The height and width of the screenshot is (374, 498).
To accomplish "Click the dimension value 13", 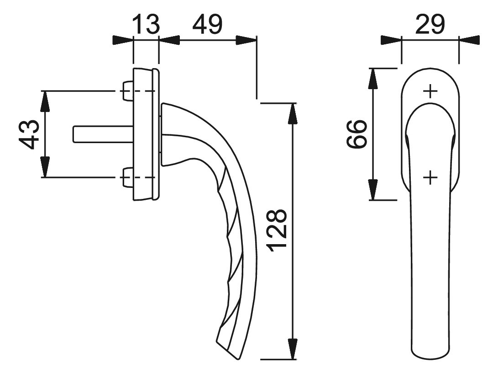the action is click(146, 24).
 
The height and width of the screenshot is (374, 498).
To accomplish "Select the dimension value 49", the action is click(207, 24).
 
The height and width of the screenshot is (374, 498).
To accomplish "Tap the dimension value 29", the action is click(430, 24).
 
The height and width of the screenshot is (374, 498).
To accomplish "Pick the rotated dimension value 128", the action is click(278, 230).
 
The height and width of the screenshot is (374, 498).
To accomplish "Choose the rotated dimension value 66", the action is click(356, 134).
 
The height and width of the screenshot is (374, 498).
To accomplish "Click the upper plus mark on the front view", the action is click(430, 91).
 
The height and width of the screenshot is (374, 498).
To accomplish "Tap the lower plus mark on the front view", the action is click(430, 177).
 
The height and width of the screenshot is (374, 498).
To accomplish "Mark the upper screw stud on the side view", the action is click(127, 91).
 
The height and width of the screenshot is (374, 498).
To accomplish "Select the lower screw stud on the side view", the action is click(127, 177).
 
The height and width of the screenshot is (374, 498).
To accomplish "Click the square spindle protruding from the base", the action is click(103, 134).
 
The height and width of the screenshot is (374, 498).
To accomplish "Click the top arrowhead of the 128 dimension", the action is click(292, 113).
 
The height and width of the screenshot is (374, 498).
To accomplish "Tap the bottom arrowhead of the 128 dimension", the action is click(292, 349).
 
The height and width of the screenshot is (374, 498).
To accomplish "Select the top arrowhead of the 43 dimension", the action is click(45, 102).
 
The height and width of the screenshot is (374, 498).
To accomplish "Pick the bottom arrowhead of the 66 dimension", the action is click(373, 190).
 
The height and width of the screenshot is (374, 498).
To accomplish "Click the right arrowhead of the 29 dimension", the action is click(469, 40).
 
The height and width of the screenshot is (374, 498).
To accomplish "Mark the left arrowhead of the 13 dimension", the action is click(123, 40).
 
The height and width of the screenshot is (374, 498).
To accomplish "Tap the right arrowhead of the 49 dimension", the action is click(246, 40).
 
